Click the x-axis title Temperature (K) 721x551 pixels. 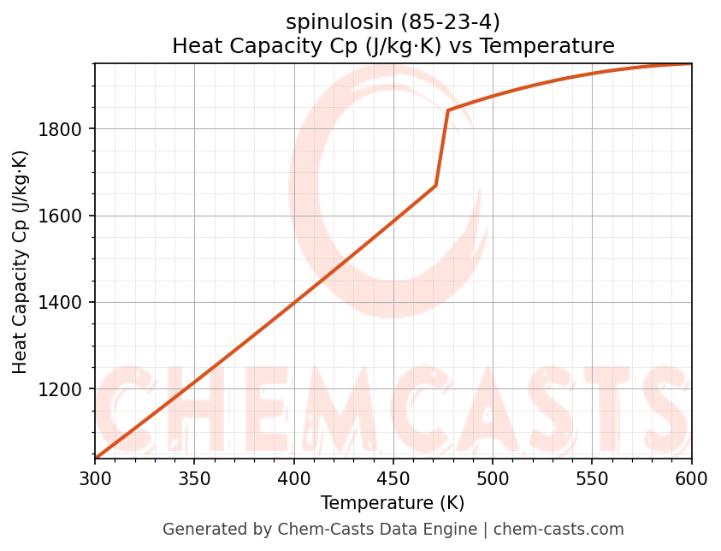pyautogui.click(x=393, y=503)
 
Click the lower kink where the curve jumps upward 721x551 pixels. pyautogui.click(x=436, y=185)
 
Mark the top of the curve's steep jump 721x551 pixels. pyautogui.click(x=447, y=110)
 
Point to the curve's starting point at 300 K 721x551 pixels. pyautogui.click(x=96, y=458)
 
